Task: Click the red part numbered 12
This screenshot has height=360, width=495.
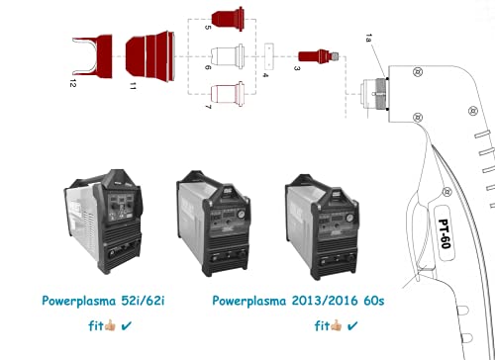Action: point(103,56)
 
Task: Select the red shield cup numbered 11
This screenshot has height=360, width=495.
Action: point(150,56)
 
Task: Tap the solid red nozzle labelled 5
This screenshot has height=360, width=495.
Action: point(228,19)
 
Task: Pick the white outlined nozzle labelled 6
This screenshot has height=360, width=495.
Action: point(228,56)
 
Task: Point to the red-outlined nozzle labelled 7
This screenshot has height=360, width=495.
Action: point(228,94)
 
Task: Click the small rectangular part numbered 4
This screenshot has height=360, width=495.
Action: point(269,56)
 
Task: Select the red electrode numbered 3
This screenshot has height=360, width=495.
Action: point(319,56)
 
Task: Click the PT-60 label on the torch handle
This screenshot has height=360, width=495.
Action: point(445,233)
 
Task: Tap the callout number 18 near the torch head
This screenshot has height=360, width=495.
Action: point(368,38)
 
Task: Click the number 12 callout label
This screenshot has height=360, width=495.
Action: point(73,83)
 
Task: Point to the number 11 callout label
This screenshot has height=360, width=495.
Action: point(133,86)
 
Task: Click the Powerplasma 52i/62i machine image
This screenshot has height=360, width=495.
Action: point(104,222)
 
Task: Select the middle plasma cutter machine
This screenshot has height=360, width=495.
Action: point(214,224)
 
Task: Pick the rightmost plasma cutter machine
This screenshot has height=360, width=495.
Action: point(323,227)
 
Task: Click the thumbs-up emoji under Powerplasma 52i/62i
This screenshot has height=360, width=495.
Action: point(110,325)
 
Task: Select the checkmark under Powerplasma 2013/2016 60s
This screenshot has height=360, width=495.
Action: point(352,326)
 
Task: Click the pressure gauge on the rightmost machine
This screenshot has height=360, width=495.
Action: point(349,218)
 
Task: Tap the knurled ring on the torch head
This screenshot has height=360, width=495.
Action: point(382,94)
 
